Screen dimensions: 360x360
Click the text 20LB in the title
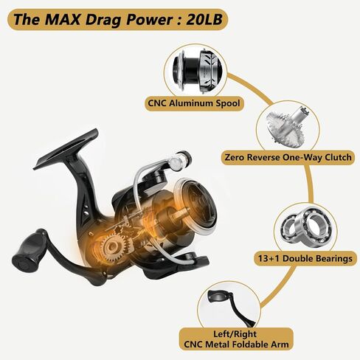[204, 19]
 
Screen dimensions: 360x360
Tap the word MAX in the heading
[63, 19]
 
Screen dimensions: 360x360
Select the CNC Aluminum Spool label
[194, 103]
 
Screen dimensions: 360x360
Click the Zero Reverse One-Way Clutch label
[288, 157]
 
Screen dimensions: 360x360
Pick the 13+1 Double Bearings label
[305, 258]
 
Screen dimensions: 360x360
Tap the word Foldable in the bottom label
[248, 345]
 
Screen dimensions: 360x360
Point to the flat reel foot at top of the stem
[66, 150]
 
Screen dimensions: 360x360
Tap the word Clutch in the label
[339, 157]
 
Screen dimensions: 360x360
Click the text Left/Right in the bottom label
[235, 334]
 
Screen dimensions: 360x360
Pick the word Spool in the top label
[228, 103]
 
